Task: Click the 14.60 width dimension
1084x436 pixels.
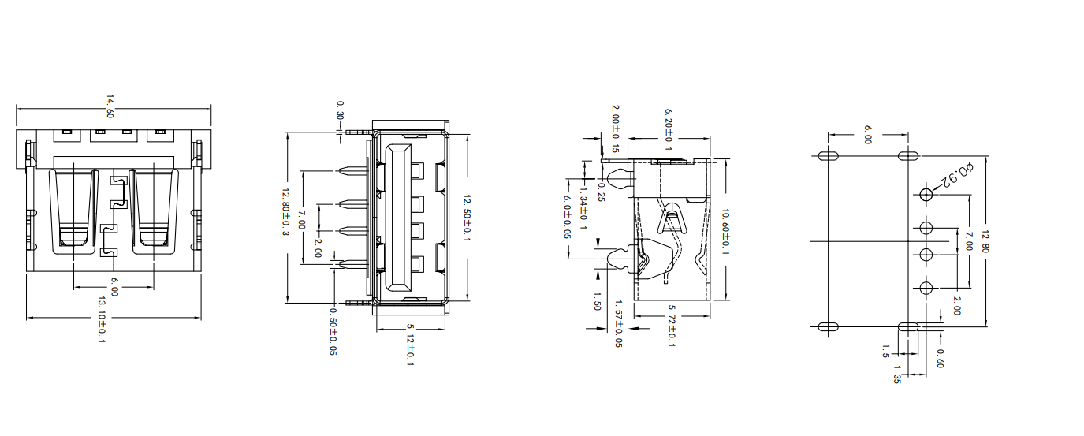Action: [110, 106]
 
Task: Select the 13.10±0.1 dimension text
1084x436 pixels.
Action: [102, 320]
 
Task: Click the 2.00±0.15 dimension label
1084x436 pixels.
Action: [616, 128]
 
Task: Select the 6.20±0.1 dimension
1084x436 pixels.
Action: [669, 129]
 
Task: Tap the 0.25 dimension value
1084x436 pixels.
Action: [601, 191]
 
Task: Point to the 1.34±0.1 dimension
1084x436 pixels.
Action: [583, 207]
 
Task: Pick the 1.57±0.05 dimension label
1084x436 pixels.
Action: [617, 323]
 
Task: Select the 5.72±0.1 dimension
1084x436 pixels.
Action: [671, 326]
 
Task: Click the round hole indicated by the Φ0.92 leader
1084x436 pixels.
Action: [926, 194]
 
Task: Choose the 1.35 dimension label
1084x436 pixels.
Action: [897, 375]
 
